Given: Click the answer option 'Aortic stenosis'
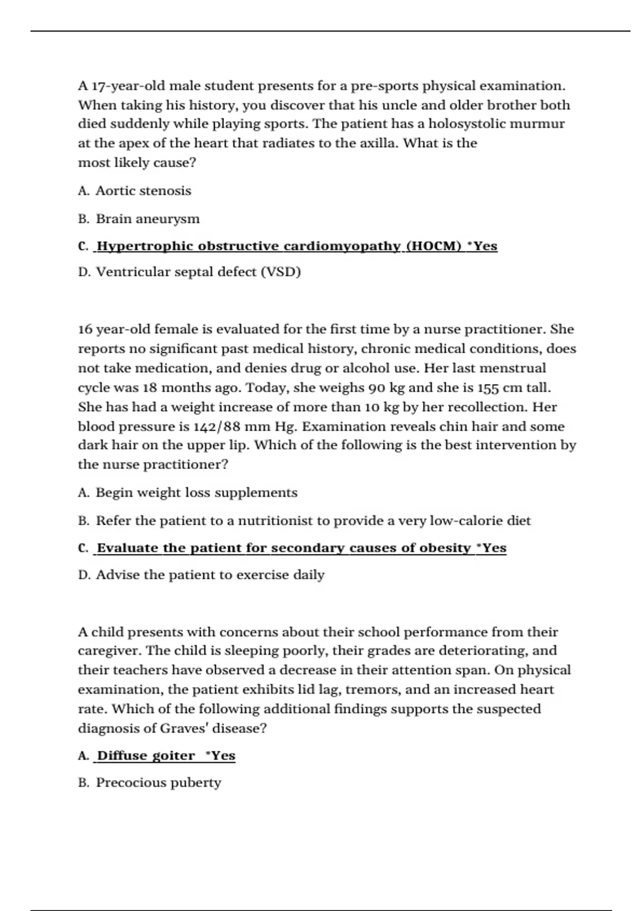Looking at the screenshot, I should (143, 191).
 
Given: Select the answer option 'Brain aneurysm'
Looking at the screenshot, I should (147, 219).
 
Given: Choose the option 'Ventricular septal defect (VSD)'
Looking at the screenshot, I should (198, 272).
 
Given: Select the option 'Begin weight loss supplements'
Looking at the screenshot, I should (196, 492).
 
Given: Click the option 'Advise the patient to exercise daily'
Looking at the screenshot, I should (210, 574).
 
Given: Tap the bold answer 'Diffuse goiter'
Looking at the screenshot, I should (146, 756).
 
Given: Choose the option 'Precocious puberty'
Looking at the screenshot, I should (158, 782).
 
